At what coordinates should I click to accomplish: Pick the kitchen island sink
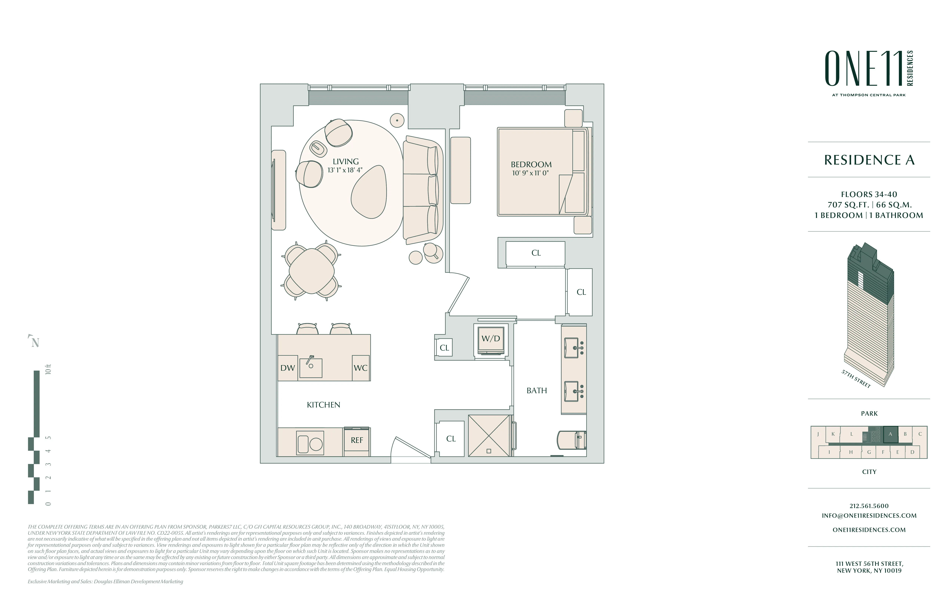(x=311, y=367)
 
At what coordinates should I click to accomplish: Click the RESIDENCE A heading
(x=869, y=160)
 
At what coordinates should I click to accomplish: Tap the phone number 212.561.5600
(x=869, y=506)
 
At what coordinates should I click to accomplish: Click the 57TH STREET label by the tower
(x=856, y=379)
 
